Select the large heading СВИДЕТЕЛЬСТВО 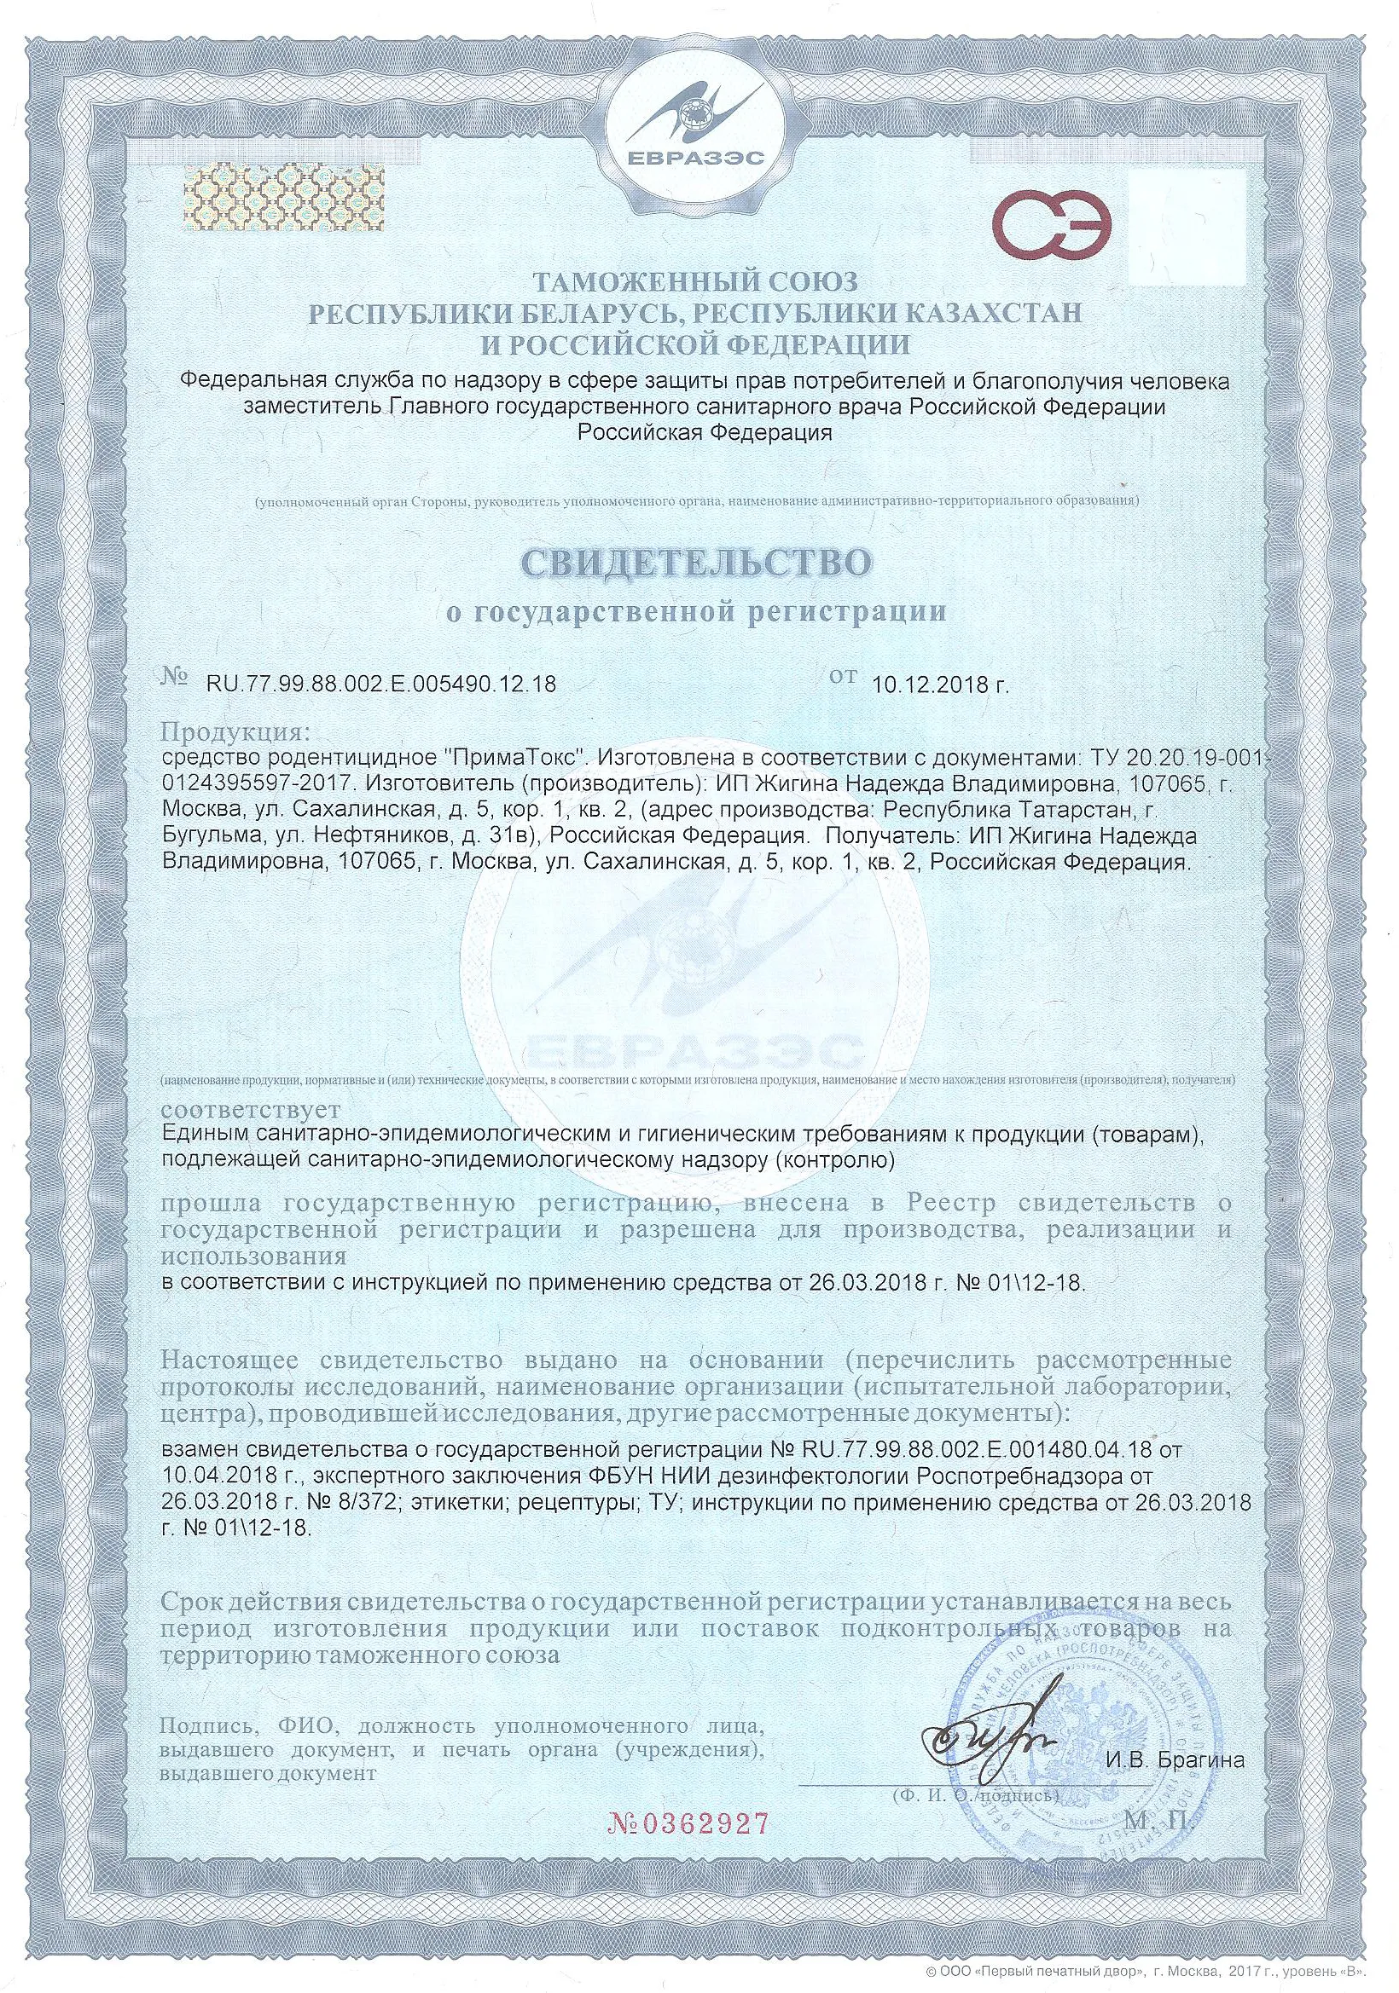point(696,562)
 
